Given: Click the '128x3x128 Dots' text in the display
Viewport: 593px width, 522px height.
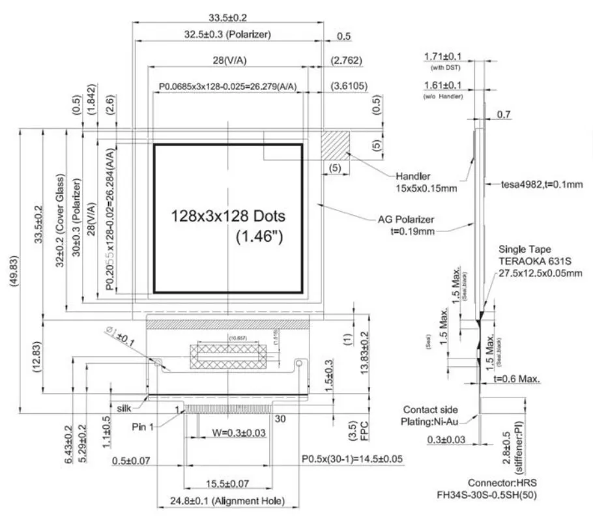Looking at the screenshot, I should pos(228,216).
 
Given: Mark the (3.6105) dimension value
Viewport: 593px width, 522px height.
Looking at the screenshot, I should pos(351,85).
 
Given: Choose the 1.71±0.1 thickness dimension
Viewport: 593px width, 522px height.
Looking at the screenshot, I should pos(442,57).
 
